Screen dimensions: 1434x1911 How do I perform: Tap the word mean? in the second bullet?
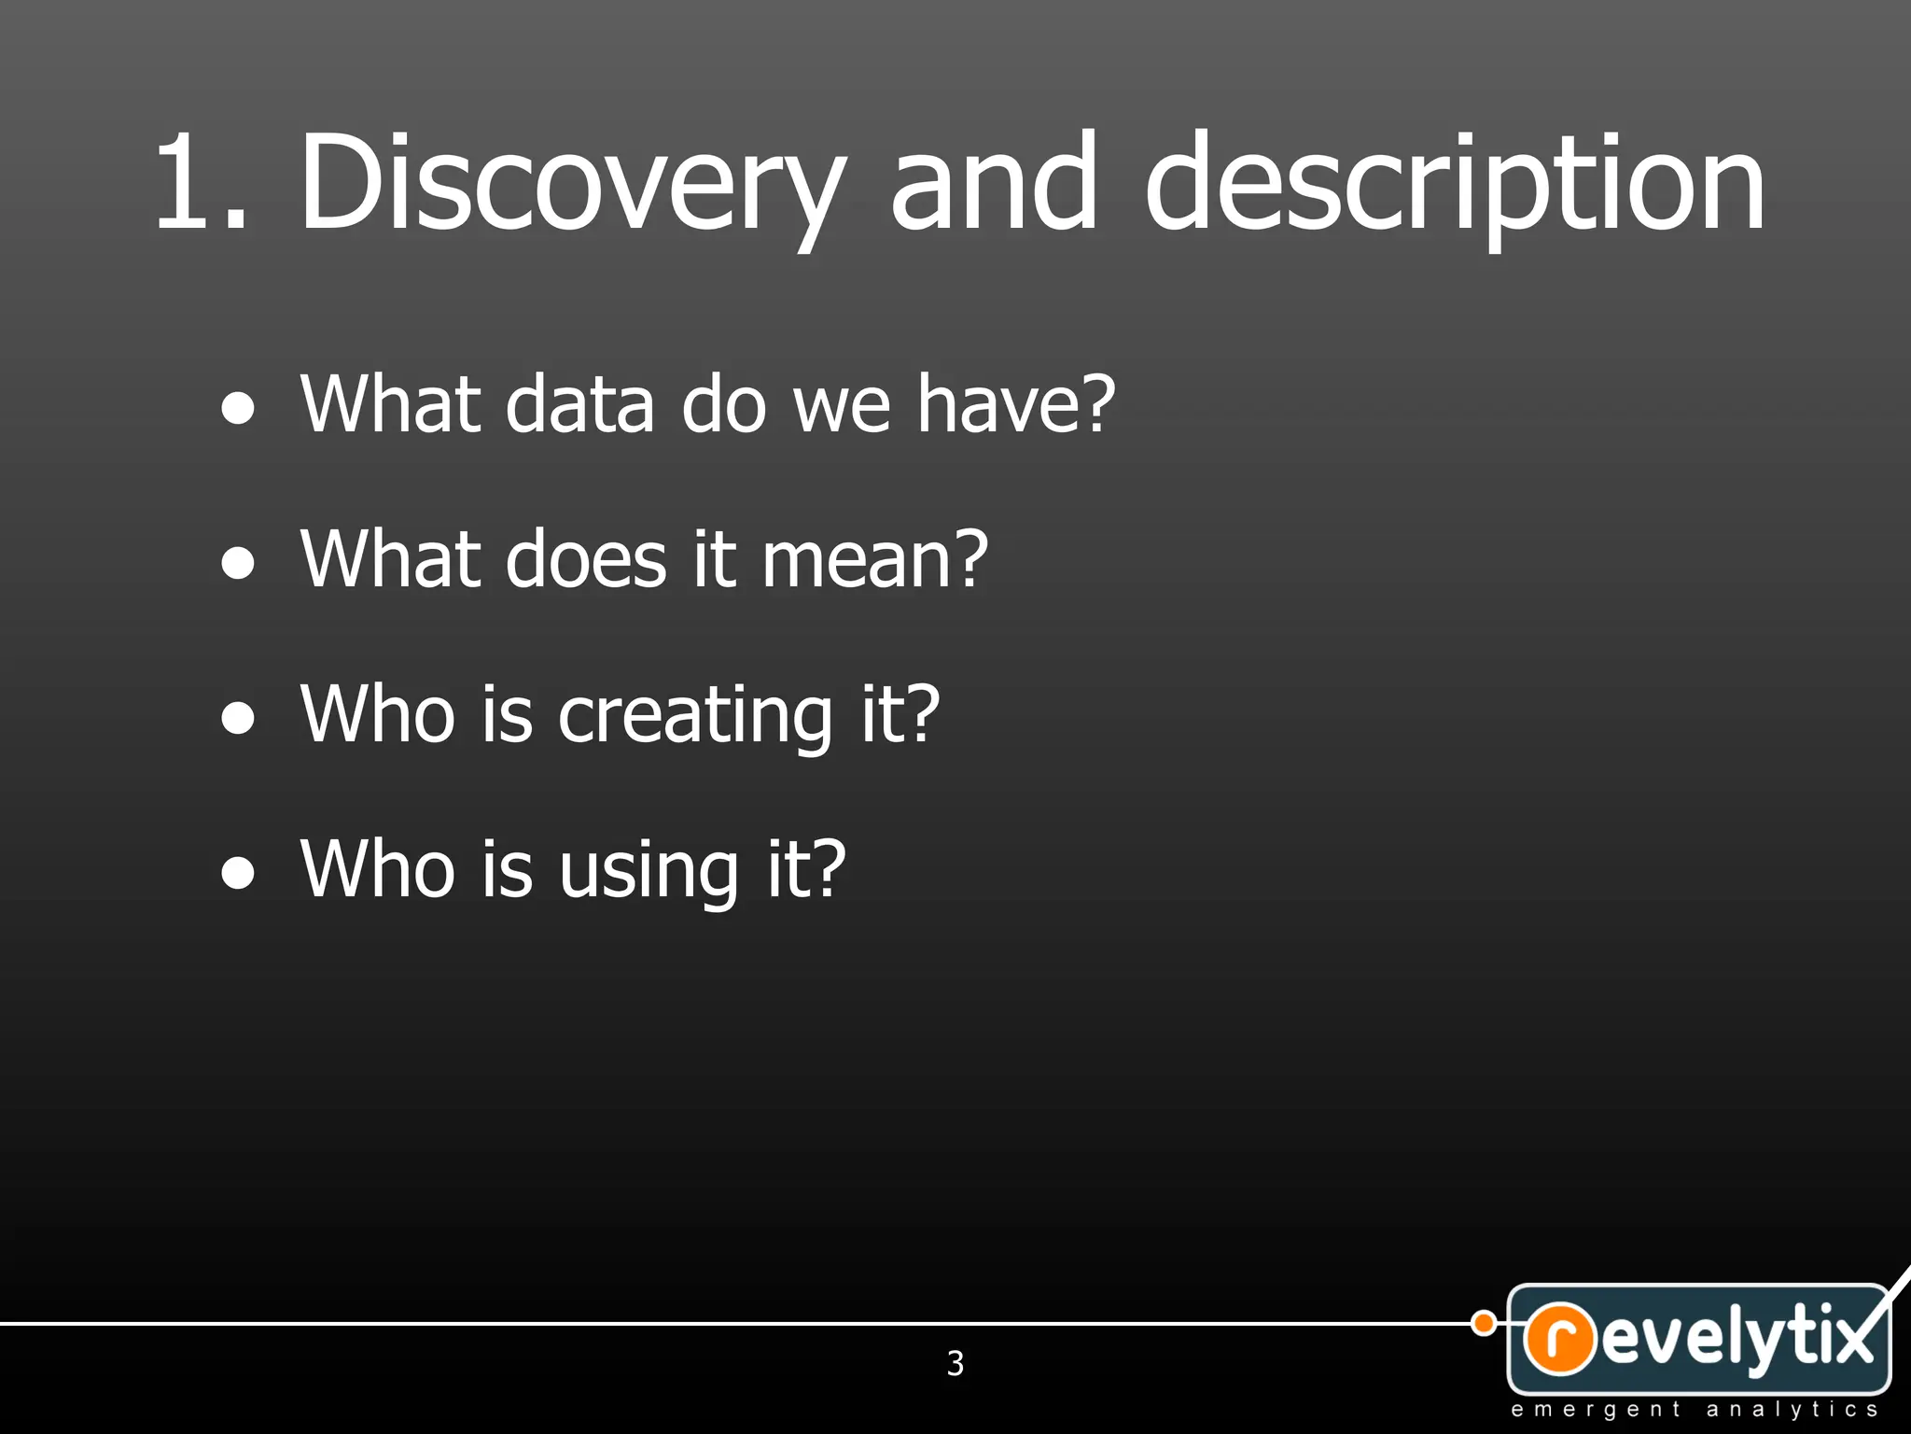pos(874,559)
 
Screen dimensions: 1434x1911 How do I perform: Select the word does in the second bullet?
pos(586,559)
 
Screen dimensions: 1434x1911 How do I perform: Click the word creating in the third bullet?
pos(694,715)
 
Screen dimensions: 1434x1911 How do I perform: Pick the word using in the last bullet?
pos(649,870)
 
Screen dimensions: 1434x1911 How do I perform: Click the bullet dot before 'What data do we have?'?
pos(239,409)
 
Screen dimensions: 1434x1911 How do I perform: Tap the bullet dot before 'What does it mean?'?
pos(239,564)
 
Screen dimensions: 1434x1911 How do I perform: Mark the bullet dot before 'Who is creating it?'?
pos(239,719)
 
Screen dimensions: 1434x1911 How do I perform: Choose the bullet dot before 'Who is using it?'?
pos(239,874)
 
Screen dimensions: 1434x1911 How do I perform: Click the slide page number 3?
pos(955,1363)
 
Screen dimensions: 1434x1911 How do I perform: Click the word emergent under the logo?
pos(1596,1410)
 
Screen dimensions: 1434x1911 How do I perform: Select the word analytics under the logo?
pos(1792,1410)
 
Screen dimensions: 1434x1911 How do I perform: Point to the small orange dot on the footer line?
pos(1484,1323)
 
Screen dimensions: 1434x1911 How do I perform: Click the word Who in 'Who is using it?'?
pos(378,870)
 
